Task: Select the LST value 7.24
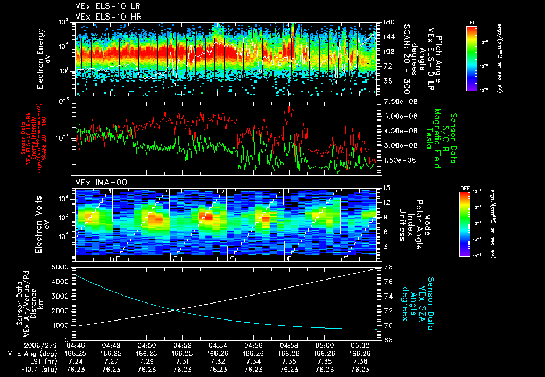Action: click(x=76, y=361)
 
